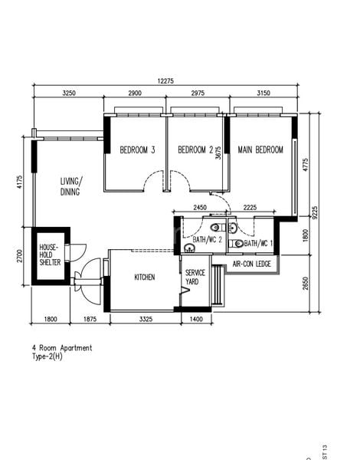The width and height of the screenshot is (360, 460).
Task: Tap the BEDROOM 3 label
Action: [137, 150]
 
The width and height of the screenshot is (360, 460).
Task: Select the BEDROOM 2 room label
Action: [195, 150]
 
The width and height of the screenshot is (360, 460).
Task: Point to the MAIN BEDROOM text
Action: [260, 149]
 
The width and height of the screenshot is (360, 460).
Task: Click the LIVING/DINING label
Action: [74, 187]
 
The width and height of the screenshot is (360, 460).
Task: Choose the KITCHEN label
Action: [146, 278]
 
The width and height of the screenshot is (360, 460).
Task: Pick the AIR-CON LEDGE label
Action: [252, 264]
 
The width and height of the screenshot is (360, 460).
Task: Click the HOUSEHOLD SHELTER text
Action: [50, 255]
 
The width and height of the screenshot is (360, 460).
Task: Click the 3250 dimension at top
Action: [68, 93]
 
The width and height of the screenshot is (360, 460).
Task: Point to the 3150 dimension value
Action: [261, 93]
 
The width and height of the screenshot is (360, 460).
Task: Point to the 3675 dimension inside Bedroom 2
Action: [219, 153]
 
